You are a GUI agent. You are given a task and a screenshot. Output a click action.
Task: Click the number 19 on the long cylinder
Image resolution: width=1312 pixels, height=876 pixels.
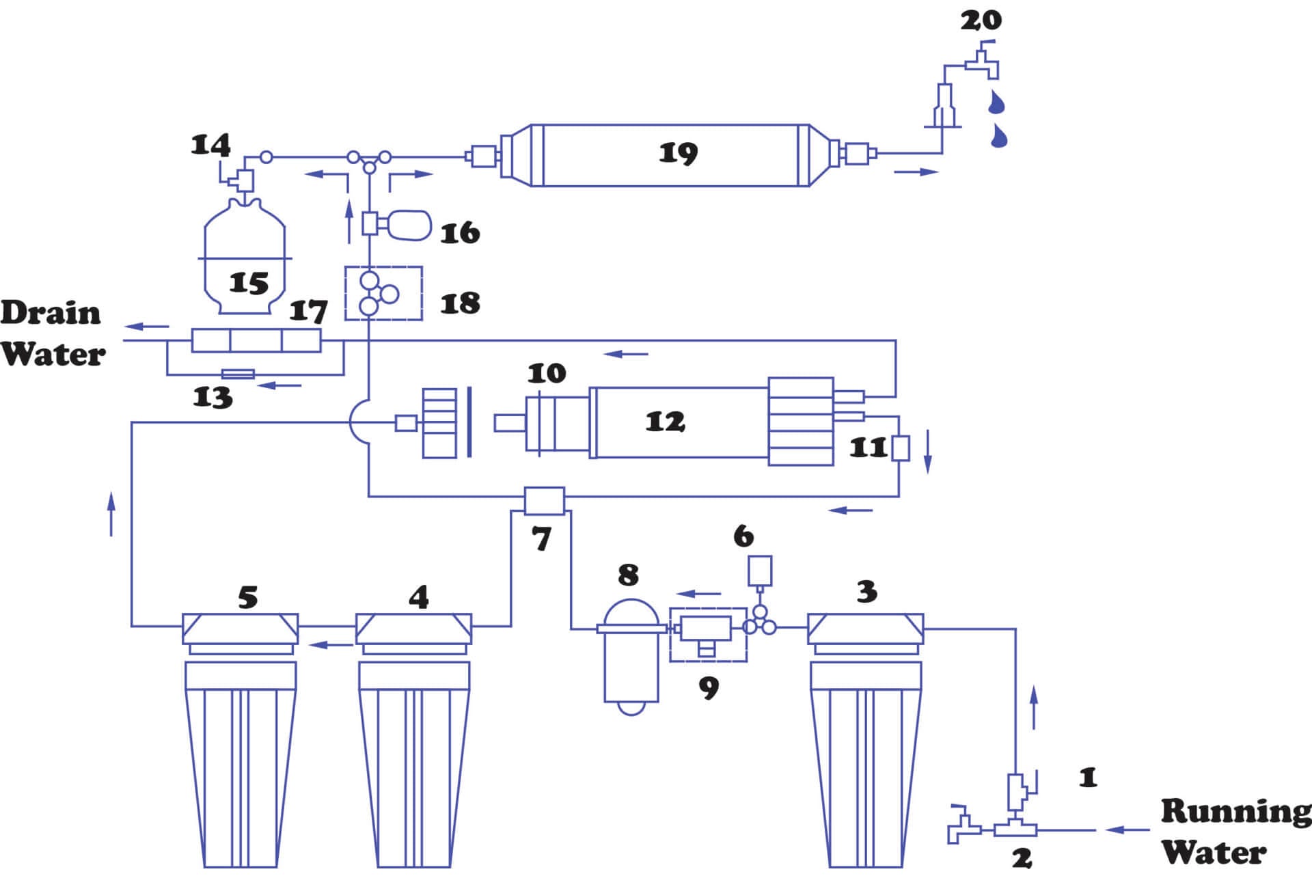pos(678,153)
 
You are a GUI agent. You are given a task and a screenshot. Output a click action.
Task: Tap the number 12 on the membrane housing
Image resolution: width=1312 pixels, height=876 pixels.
pos(665,422)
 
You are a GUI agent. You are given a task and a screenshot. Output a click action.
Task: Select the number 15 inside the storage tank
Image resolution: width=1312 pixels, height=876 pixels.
pos(248,282)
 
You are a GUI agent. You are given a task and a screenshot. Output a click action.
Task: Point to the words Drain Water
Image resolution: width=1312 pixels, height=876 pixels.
pos(53,334)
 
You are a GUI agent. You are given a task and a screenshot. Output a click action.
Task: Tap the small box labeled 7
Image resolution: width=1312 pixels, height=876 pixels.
pos(544,501)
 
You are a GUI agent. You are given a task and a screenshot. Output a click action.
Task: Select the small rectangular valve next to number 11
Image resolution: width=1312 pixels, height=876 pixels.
pos(901,448)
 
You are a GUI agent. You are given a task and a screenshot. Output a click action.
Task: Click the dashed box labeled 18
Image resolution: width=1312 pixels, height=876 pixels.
pos(383,294)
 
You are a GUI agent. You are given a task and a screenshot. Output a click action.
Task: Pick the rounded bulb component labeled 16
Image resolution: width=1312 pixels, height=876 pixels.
pos(409,225)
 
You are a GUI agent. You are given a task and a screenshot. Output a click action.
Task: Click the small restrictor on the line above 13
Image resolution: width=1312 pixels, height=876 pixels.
pos(238,374)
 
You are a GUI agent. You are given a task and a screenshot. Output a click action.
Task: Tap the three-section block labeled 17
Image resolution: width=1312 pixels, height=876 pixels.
pos(256,340)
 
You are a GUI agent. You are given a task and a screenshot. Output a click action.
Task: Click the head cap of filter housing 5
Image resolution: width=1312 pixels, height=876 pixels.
pos(240,628)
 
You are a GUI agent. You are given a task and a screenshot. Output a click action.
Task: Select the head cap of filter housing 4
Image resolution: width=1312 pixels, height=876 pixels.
pos(413,628)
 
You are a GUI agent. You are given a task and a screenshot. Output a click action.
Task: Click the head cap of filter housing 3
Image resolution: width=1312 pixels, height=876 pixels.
pos(865,628)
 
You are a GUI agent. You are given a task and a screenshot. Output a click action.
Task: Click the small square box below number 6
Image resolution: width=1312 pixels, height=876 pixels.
pos(760,571)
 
